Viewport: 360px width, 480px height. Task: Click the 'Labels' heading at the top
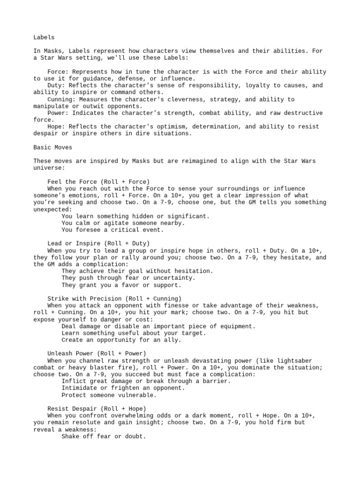pyautogui.click(x=44, y=37)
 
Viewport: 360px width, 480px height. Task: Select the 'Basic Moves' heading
pyautogui.click(x=52, y=147)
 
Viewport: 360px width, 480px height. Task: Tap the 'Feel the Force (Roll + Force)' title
pyautogui.click(x=98, y=182)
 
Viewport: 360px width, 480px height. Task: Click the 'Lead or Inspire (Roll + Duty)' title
pyautogui.click(x=98, y=244)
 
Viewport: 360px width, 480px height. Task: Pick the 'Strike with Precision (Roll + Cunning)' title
pyautogui.click(x=114, y=299)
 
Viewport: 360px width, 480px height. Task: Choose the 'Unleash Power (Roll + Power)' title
pyautogui.click(x=97, y=353)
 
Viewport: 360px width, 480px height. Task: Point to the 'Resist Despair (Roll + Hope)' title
pyautogui.click(x=97, y=409)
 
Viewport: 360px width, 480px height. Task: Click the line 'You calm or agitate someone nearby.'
pyautogui.click(x=123, y=223)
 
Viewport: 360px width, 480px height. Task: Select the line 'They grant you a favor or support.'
pyautogui.click(x=121, y=285)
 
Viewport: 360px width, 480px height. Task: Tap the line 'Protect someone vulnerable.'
pyautogui.click(x=109, y=395)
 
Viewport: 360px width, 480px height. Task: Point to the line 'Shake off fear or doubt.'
pyautogui.click(x=104, y=436)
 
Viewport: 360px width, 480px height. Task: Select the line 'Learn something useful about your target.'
pyautogui.click(x=133, y=333)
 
